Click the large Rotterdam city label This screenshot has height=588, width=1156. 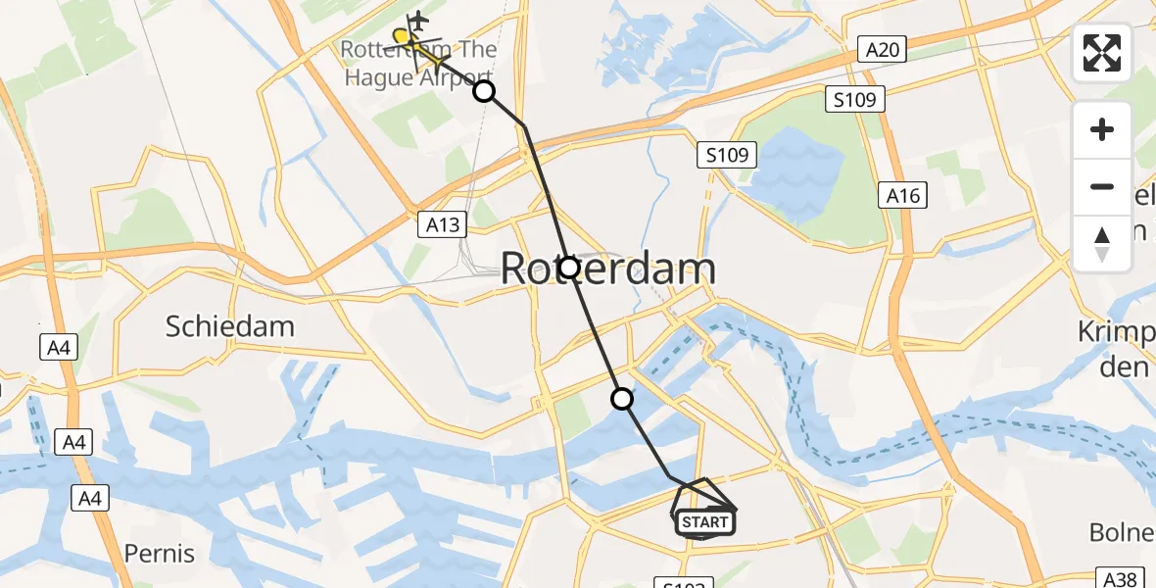pyautogui.click(x=607, y=268)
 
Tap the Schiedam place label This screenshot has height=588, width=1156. pyautogui.click(x=229, y=325)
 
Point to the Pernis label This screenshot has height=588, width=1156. pyautogui.click(x=161, y=553)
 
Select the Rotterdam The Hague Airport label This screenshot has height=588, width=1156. pyautogui.click(x=419, y=63)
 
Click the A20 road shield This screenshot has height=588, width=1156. pyautogui.click(x=880, y=50)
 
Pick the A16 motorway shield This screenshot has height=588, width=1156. pyautogui.click(x=901, y=196)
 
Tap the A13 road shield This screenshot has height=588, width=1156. pyautogui.click(x=443, y=224)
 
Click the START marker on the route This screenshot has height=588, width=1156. pyautogui.click(x=704, y=522)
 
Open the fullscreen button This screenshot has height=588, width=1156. pyautogui.click(x=1102, y=53)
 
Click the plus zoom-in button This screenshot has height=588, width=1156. pyautogui.click(x=1102, y=129)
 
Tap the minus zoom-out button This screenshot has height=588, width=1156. pyautogui.click(x=1102, y=186)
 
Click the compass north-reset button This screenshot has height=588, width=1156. pyautogui.click(x=1102, y=243)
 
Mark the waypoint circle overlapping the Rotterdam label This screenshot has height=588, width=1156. pyautogui.click(x=568, y=267)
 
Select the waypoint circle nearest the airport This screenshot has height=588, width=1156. pyautogui.click(x=484, y=92)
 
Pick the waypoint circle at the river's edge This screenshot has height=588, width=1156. pyautogui.click(x=622, y=399)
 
